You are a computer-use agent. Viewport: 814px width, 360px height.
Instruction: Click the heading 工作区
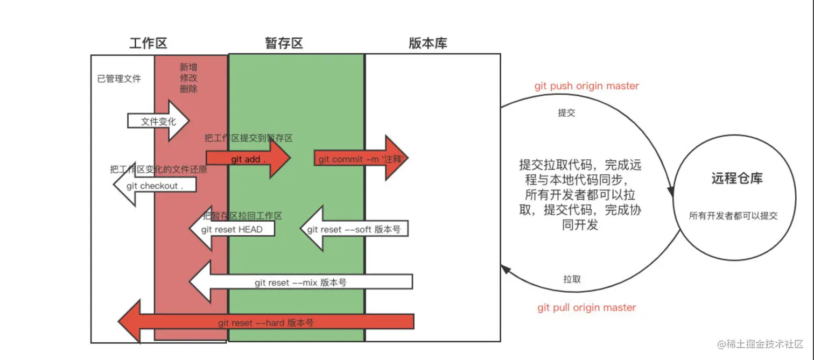(x=149, y=44)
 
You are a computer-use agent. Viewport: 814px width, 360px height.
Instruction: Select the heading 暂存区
(x=284, y=44)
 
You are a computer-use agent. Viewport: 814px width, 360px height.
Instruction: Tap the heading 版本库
(x=428, y=44)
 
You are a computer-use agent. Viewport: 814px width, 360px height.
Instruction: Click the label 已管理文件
(x=119, y=79)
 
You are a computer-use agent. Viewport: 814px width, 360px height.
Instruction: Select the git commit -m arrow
(x=361, y=159)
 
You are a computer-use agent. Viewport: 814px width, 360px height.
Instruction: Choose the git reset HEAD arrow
(x=232, y=229)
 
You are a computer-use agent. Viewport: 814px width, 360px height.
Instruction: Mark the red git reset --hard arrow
(x=266, y=323)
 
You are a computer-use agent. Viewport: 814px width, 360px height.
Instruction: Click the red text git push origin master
(x=587, y=86)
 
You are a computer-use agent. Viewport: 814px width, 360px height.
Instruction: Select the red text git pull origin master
(x=587, y=308)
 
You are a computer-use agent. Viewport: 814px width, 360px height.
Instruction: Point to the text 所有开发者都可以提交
(x=734, y=216)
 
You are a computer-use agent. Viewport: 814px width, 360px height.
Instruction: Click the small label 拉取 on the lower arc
(x=572, y=279)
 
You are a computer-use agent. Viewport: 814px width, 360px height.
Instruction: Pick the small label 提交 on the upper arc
(x=566, y=114)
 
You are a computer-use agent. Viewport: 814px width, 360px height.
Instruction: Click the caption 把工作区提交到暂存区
(x=249, y=138)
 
